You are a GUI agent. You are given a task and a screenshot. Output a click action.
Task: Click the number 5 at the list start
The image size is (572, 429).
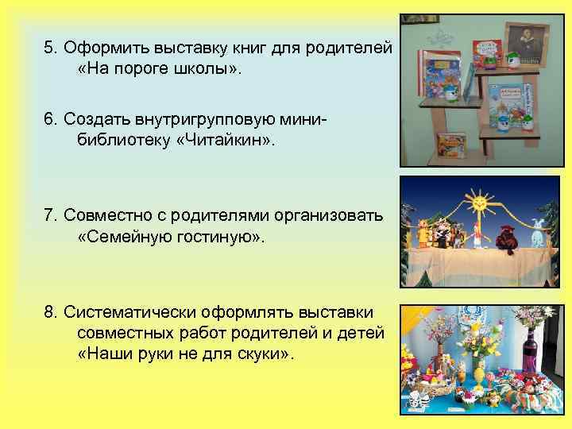click(x=49, y=48)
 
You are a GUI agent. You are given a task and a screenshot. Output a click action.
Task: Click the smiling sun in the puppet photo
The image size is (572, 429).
click(x=480, y=204)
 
